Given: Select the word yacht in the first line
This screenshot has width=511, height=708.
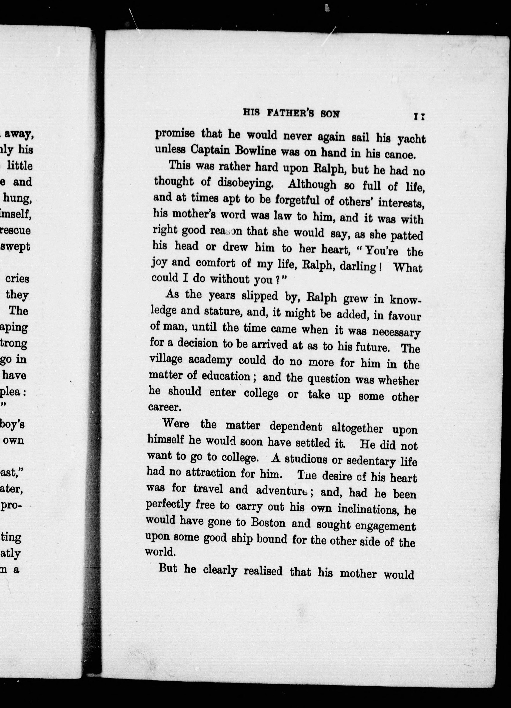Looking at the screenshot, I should (x=411, y=139).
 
